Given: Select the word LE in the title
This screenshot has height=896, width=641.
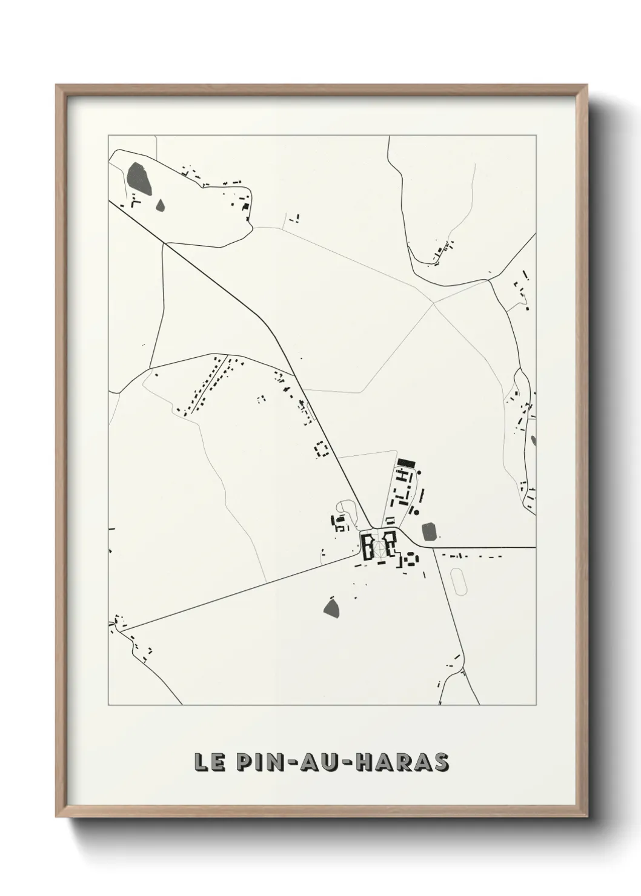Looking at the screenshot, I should [x=207, y=763].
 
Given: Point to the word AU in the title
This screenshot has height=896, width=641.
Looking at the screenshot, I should [x=320, y=763].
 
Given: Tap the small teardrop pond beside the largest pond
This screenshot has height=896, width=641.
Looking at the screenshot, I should [x=161, y=205].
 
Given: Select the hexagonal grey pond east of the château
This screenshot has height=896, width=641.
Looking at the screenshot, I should [x=430, y=532].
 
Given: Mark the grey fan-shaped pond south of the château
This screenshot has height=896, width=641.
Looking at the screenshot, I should [x=331, y=607].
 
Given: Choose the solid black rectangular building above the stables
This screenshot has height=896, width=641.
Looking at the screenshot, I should [x=406, y=463].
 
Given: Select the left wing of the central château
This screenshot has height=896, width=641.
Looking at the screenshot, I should [x=367, y=547].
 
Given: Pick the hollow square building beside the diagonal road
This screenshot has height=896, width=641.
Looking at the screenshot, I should [x=321, y=449].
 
